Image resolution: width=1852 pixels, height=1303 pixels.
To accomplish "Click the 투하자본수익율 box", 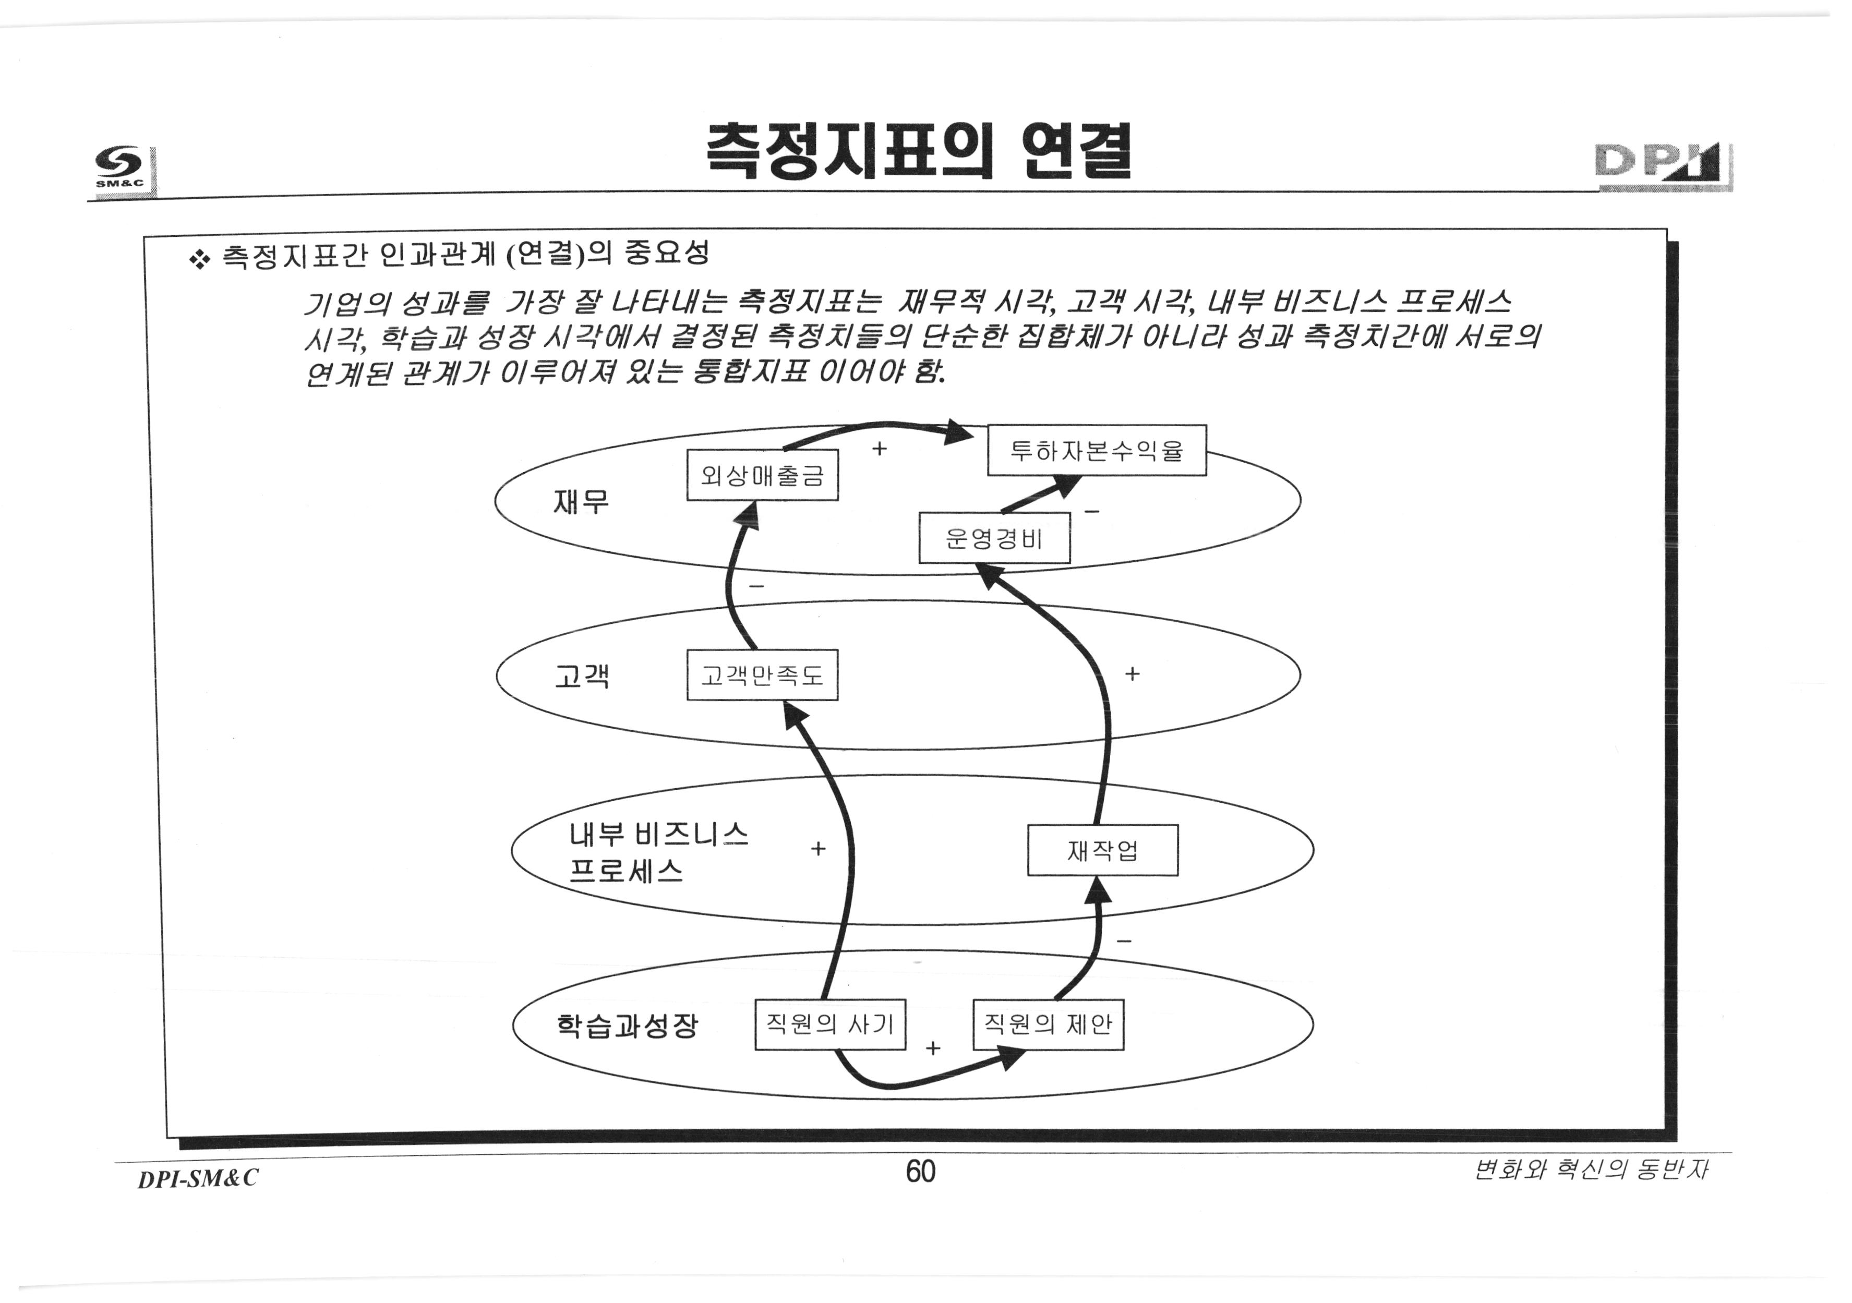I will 1096,450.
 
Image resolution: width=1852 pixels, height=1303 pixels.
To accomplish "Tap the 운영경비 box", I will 994,538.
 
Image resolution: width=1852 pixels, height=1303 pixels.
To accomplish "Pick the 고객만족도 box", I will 762,675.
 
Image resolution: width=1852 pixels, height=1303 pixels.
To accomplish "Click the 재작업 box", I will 1102,850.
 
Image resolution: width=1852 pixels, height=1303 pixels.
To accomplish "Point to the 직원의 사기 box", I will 830,1024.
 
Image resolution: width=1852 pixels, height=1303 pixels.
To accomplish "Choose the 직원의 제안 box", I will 1048,1024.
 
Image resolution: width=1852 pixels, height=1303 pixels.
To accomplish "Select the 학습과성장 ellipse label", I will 627,1025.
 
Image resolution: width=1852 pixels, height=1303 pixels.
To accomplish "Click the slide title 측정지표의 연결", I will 918,152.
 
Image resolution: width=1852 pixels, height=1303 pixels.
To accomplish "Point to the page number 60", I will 920,1171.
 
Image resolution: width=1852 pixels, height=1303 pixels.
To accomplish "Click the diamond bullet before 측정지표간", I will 198,259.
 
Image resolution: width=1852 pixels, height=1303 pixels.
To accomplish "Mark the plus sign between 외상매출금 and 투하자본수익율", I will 879,448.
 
